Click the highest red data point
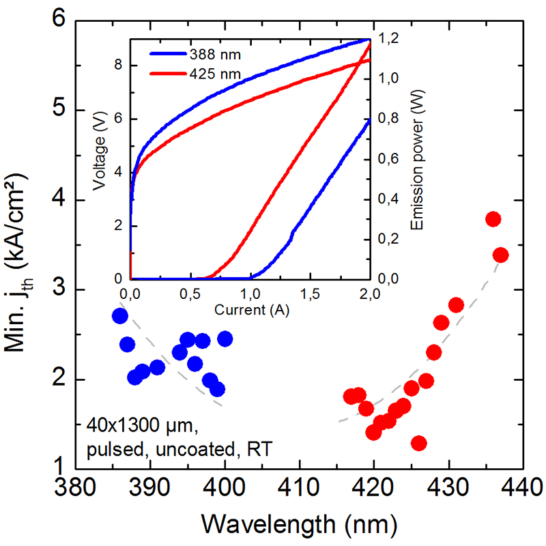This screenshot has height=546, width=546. (x=493, y=219)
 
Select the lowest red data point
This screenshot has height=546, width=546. (x=418, y=444)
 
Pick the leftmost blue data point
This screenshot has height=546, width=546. (x=120, y=315)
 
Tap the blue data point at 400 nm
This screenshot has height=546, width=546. (x=225, y=339)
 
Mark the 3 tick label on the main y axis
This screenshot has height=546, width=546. (x=59, y=289)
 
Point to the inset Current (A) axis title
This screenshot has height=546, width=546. (x=250, y=310)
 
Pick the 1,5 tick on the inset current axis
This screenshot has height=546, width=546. (x=310, y=294)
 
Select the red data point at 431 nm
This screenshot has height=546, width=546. (x=456, y=304)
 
